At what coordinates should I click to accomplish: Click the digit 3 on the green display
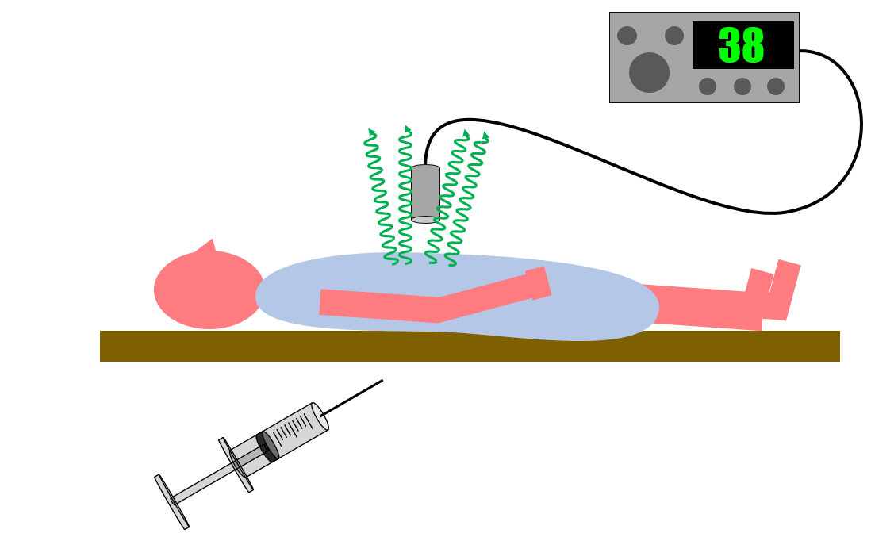click(730, 46)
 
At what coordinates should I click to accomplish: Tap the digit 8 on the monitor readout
click(752, 46)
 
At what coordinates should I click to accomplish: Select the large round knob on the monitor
click(649, 72)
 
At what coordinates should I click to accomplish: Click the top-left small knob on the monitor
click(627, 36)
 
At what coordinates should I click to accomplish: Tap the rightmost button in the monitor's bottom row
click(776, 86)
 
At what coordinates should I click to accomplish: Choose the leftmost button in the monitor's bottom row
click(708, 86)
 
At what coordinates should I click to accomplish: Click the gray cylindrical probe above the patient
click(425, 193)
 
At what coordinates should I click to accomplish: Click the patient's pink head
click(208, 290)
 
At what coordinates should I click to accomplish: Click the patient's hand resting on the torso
click(538, 283)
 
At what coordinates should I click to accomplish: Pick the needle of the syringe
click(352, 397)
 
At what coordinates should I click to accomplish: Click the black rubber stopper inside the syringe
click(267, 446)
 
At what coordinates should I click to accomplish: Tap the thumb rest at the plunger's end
click(171, 501)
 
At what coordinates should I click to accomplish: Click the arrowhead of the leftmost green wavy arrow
click(371, 132)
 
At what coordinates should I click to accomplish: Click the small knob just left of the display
click(674, 36)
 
